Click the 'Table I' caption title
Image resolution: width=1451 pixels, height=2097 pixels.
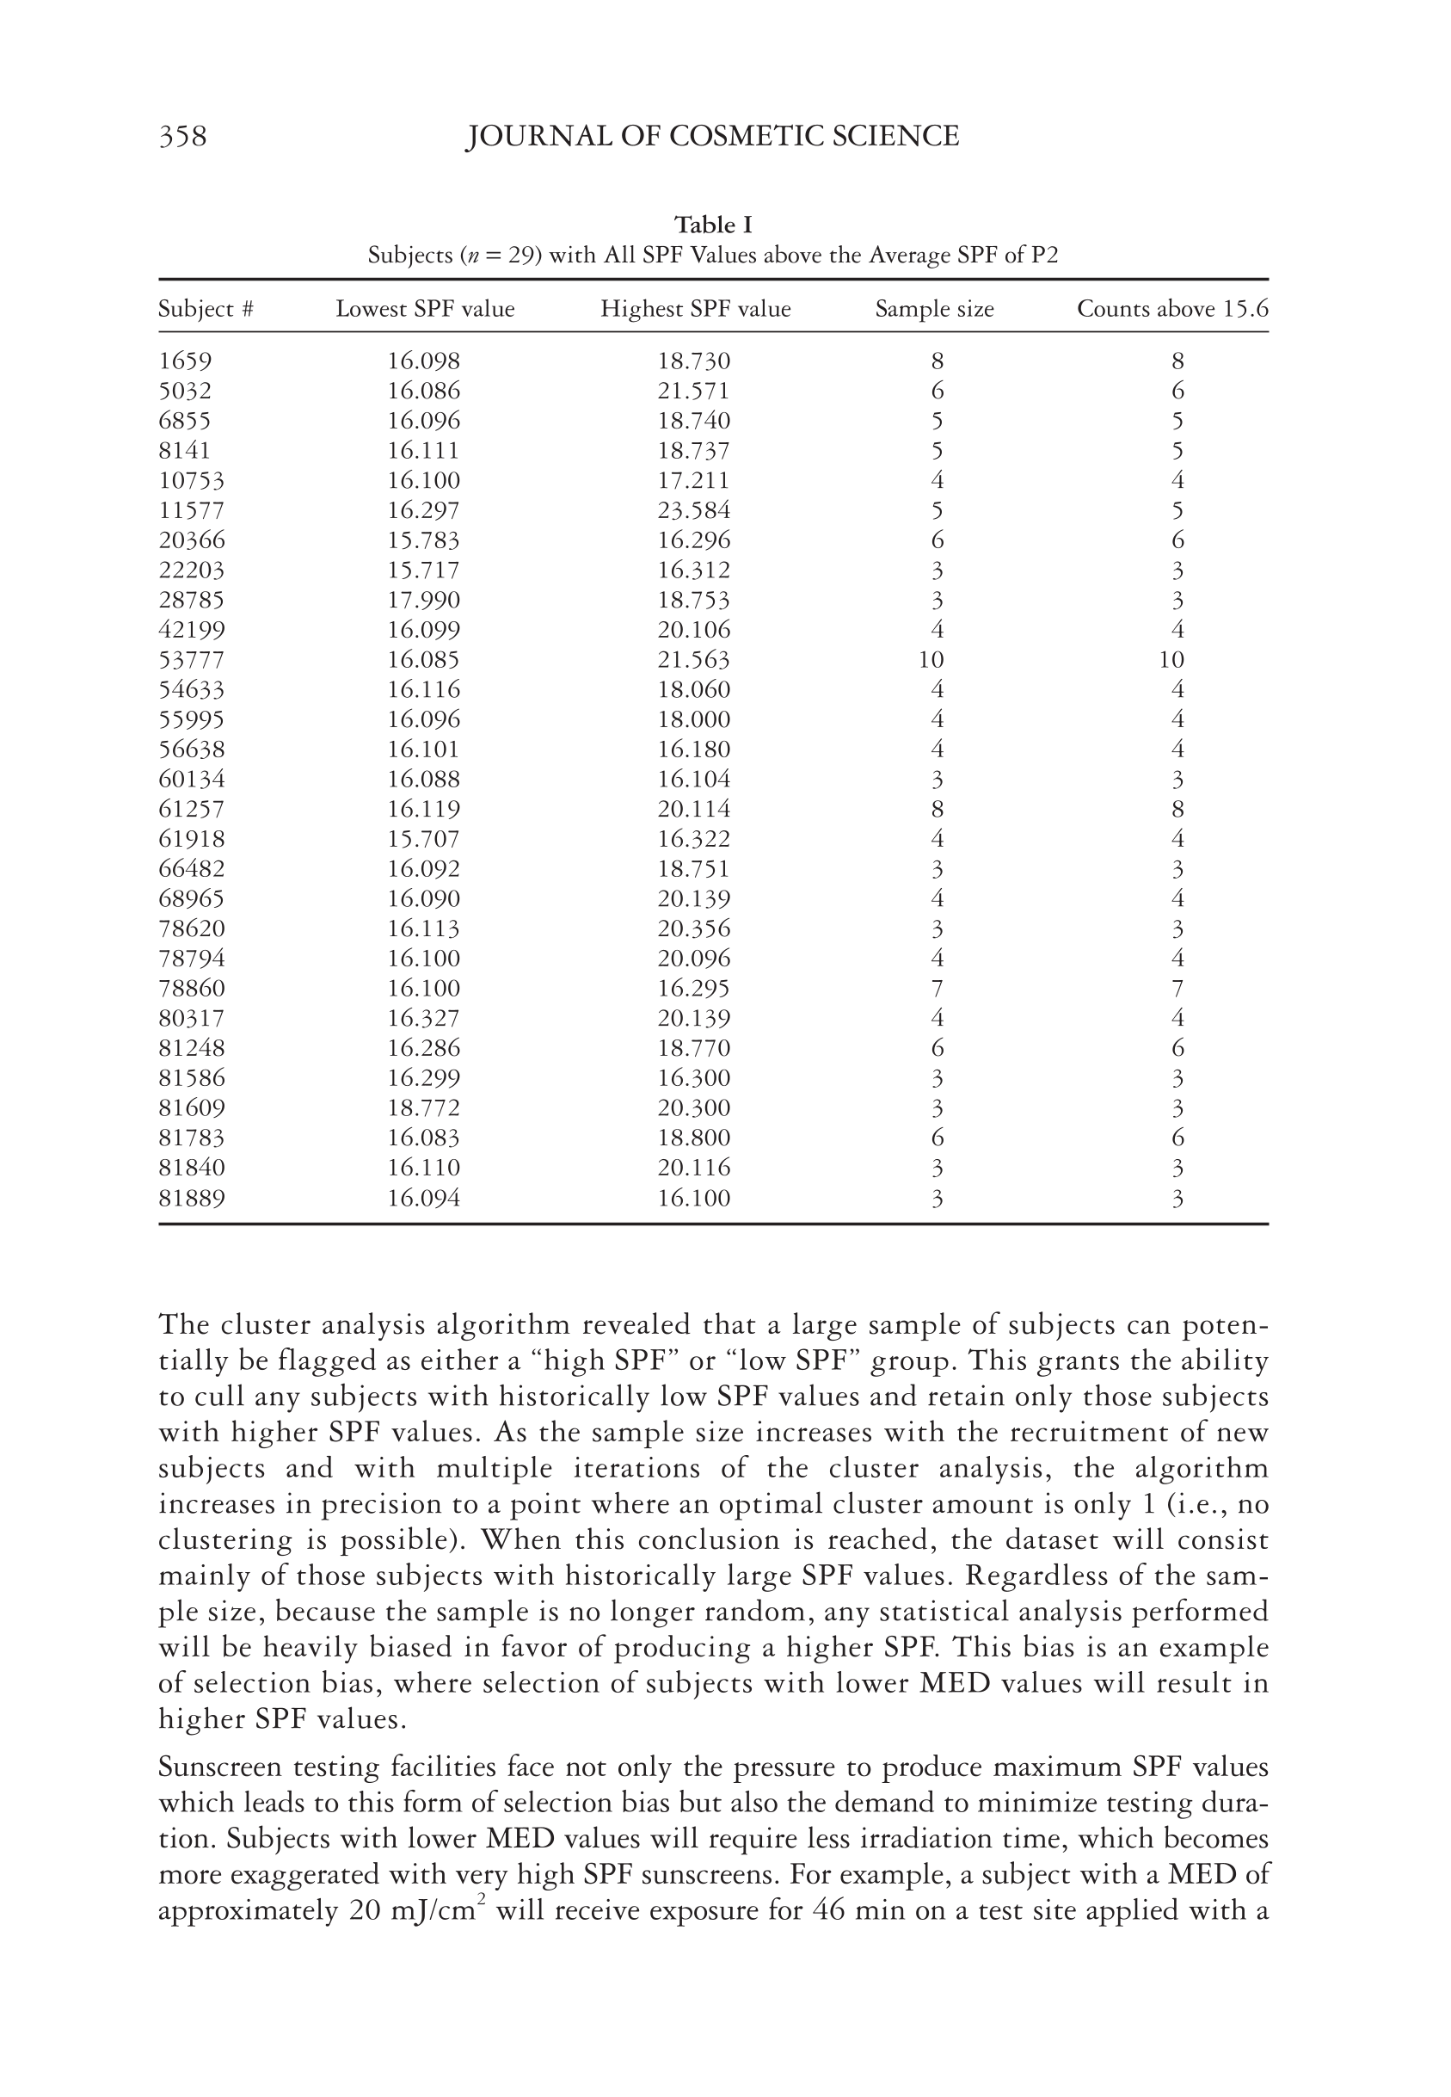coord(713,225)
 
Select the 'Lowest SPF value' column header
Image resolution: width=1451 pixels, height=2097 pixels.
coord(425,309)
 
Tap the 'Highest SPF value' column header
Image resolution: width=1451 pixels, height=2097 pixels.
coord(696,309)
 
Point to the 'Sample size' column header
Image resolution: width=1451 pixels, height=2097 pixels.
coord(935,309)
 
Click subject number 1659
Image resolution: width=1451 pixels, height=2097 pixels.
coord(185,362)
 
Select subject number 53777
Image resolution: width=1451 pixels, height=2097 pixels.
coord(191,660)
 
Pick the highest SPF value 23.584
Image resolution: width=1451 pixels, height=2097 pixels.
coord(694,511)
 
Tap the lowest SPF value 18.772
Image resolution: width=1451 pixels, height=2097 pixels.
coord(424,1108)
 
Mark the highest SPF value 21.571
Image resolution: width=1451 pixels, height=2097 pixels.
coord(694,392)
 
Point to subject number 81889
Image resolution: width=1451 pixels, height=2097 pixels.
coord(191,1199)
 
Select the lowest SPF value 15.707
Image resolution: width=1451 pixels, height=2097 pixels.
coord(424,839)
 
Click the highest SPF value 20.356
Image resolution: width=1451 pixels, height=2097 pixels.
coord(694,929)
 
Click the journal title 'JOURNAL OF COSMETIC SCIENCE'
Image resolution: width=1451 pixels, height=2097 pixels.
coord(712,137)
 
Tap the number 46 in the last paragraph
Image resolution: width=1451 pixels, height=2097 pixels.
coord(829,1910)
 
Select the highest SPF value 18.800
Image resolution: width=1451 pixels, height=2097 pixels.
coord(694,1138)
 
